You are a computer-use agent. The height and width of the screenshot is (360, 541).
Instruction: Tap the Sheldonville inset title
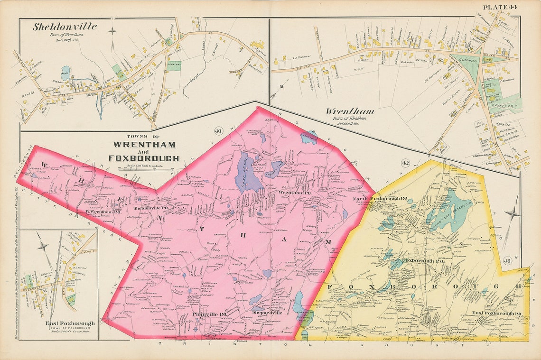click(65, 27)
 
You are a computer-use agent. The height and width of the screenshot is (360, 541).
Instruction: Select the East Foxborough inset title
click(70, 323)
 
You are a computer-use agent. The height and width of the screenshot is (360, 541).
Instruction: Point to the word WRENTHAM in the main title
click(143, 145)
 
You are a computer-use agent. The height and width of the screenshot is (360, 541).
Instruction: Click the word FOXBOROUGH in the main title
click(143, 158)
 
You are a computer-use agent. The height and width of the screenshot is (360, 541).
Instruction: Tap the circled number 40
click(218, 131)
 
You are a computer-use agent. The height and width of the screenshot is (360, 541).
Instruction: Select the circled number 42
click(405, 163)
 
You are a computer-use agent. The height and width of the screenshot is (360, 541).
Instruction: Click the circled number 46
click(507, 260)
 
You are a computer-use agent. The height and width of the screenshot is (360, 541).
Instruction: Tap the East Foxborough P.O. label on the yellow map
click(497, 314)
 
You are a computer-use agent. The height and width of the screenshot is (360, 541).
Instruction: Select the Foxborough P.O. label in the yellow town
click(416, 260)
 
